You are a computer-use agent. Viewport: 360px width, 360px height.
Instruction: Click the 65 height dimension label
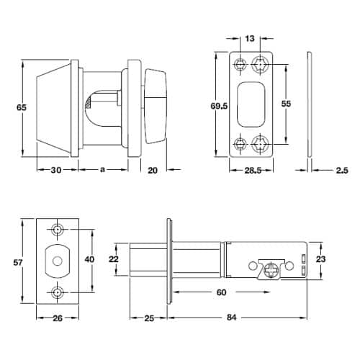[x=22, y=107]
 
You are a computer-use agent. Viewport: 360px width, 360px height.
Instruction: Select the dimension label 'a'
[x=102, y=170]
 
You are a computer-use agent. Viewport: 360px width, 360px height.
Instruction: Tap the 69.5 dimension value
[x=219, y=106]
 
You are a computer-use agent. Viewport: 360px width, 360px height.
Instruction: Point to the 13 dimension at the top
[x=250, y=38]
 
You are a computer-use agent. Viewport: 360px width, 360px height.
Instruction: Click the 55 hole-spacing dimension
[x=286, y=104]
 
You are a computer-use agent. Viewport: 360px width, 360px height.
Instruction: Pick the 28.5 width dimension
[x=253, y=171]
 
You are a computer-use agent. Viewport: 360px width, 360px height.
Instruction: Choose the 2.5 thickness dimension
[x=342, y=171]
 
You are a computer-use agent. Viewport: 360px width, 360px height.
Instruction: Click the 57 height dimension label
[x=18, y=262]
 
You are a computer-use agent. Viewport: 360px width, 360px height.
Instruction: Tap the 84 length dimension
[x=231, y=318]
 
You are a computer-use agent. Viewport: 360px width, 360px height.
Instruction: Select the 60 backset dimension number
[x=221, y=292]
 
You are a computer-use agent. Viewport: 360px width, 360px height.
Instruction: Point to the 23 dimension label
[x=320, y=259]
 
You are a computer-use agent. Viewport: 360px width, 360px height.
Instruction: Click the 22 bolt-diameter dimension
[x=114, y=259]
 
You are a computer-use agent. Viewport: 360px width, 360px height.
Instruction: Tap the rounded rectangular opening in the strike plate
[x=251, y=104]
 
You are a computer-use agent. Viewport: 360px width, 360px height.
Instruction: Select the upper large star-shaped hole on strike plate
[x=260, y=64]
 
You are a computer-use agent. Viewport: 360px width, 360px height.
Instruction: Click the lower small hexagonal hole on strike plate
[x=240, y=144]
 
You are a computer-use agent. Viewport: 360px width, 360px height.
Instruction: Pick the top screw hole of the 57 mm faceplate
[x=57, y=230]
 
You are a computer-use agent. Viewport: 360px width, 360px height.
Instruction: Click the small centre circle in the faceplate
[x=57, y=261]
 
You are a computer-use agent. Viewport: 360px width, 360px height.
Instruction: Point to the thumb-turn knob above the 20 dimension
[x=156, y=106]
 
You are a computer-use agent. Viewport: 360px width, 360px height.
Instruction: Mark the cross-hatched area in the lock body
[x=89, y=103]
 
